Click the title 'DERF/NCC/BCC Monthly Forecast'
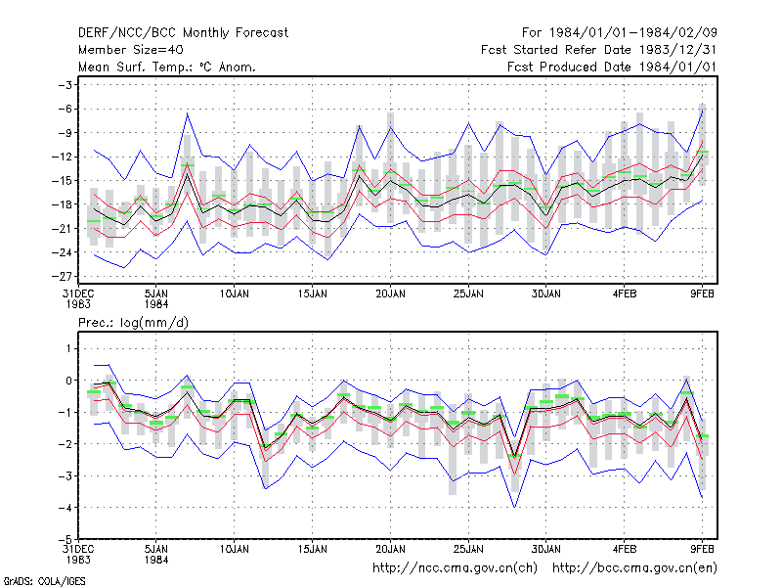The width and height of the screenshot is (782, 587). tap(183, 33)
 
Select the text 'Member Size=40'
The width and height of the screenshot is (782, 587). tap(131, 50)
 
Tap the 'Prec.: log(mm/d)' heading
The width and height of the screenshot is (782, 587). tap(133, 323)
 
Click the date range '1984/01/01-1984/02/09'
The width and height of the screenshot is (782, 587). tap(632, 33)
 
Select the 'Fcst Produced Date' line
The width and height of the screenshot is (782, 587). tap(612, 67)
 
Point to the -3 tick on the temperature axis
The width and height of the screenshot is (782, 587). tap(65, 85)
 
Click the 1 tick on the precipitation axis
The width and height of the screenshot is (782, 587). tap(68, 348)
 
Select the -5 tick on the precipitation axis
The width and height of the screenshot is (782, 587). tap(65, 540)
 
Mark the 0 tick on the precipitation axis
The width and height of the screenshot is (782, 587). tap(68, 381)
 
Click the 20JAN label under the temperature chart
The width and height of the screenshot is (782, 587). tap(390, 294)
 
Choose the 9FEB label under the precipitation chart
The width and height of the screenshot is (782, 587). tap(702, 549)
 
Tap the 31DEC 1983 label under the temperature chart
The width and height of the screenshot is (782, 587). tap(78, 299)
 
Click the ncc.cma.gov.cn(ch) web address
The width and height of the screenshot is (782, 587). tap(455, 568)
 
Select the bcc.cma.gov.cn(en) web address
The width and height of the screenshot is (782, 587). tap(634, 568)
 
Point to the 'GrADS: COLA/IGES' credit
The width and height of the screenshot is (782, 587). tap(44, 581)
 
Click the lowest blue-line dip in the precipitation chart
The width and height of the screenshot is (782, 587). tap(515, 507)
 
